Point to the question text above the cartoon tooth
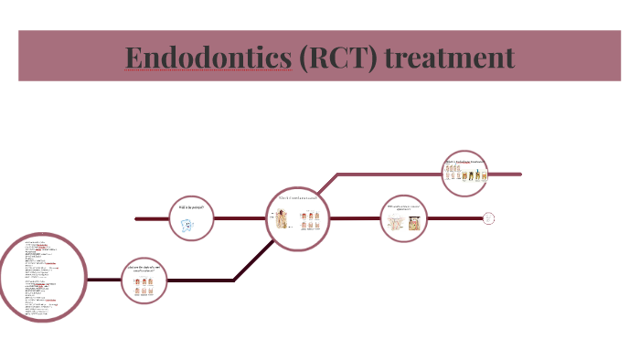[x=190, y=208]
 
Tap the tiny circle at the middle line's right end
[x=489, y=217]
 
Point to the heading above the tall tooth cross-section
[x=298, y=199]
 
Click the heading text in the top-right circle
[x=464, y=162]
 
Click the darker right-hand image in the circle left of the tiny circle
[x=412, y=223]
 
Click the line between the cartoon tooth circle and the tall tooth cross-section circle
[x=241, y=218]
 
